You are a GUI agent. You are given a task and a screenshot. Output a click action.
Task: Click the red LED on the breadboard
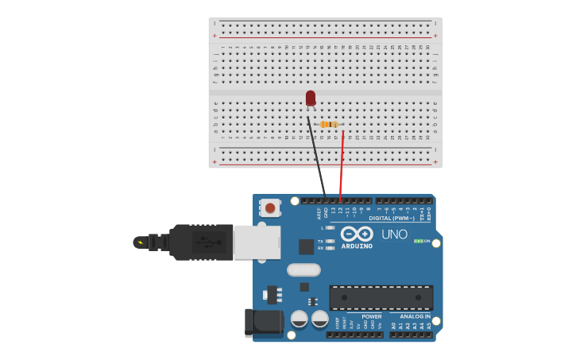(311, 98)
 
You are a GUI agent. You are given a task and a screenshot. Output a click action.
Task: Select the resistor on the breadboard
(330, 124)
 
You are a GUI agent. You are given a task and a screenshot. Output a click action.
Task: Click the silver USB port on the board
(256, 242)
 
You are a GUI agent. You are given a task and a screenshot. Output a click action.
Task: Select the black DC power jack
(264, 323)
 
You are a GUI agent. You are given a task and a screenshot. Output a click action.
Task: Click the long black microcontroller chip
(381, 298)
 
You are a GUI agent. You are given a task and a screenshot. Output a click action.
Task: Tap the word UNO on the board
(394, 234)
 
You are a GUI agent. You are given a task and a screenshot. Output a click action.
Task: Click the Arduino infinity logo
(357, 234)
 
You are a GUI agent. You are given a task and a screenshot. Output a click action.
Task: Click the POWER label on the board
(371, 316)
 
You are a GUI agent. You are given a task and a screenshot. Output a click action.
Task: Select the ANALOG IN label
(415, 316)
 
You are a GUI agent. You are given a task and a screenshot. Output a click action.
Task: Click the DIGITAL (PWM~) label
(392, 218)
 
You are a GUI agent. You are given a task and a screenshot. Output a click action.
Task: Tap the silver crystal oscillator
(303, 269)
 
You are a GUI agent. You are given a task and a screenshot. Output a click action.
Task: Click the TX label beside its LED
(320, 241)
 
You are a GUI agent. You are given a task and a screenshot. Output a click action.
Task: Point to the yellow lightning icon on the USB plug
(141, 242)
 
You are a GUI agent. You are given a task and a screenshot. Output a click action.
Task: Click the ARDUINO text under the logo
(357, 246)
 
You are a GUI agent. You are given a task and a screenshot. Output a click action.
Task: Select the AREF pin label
(319, 213)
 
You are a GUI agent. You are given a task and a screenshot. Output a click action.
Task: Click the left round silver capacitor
(300, 319)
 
